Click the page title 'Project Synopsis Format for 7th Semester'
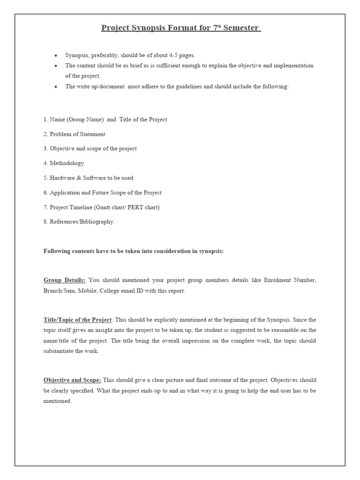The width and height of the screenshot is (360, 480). (180, 28)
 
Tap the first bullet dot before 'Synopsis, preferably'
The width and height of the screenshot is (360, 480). (56, 55)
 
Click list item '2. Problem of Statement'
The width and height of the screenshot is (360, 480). (74, 134)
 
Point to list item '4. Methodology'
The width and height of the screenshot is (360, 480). (64, 163)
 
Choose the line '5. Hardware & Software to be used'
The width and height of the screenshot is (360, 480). (88, 178)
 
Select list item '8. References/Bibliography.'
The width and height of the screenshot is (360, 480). (79, 222)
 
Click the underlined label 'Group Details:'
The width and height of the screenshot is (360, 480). (64, 280)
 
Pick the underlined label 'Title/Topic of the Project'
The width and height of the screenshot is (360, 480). (77, 320)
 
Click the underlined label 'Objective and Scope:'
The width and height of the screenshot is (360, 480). (72, 380)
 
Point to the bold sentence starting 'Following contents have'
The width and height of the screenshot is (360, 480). (134, 251)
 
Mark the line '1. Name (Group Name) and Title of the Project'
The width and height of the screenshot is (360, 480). (105, 120)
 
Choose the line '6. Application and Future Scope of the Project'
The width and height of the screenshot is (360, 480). (102, 193)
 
